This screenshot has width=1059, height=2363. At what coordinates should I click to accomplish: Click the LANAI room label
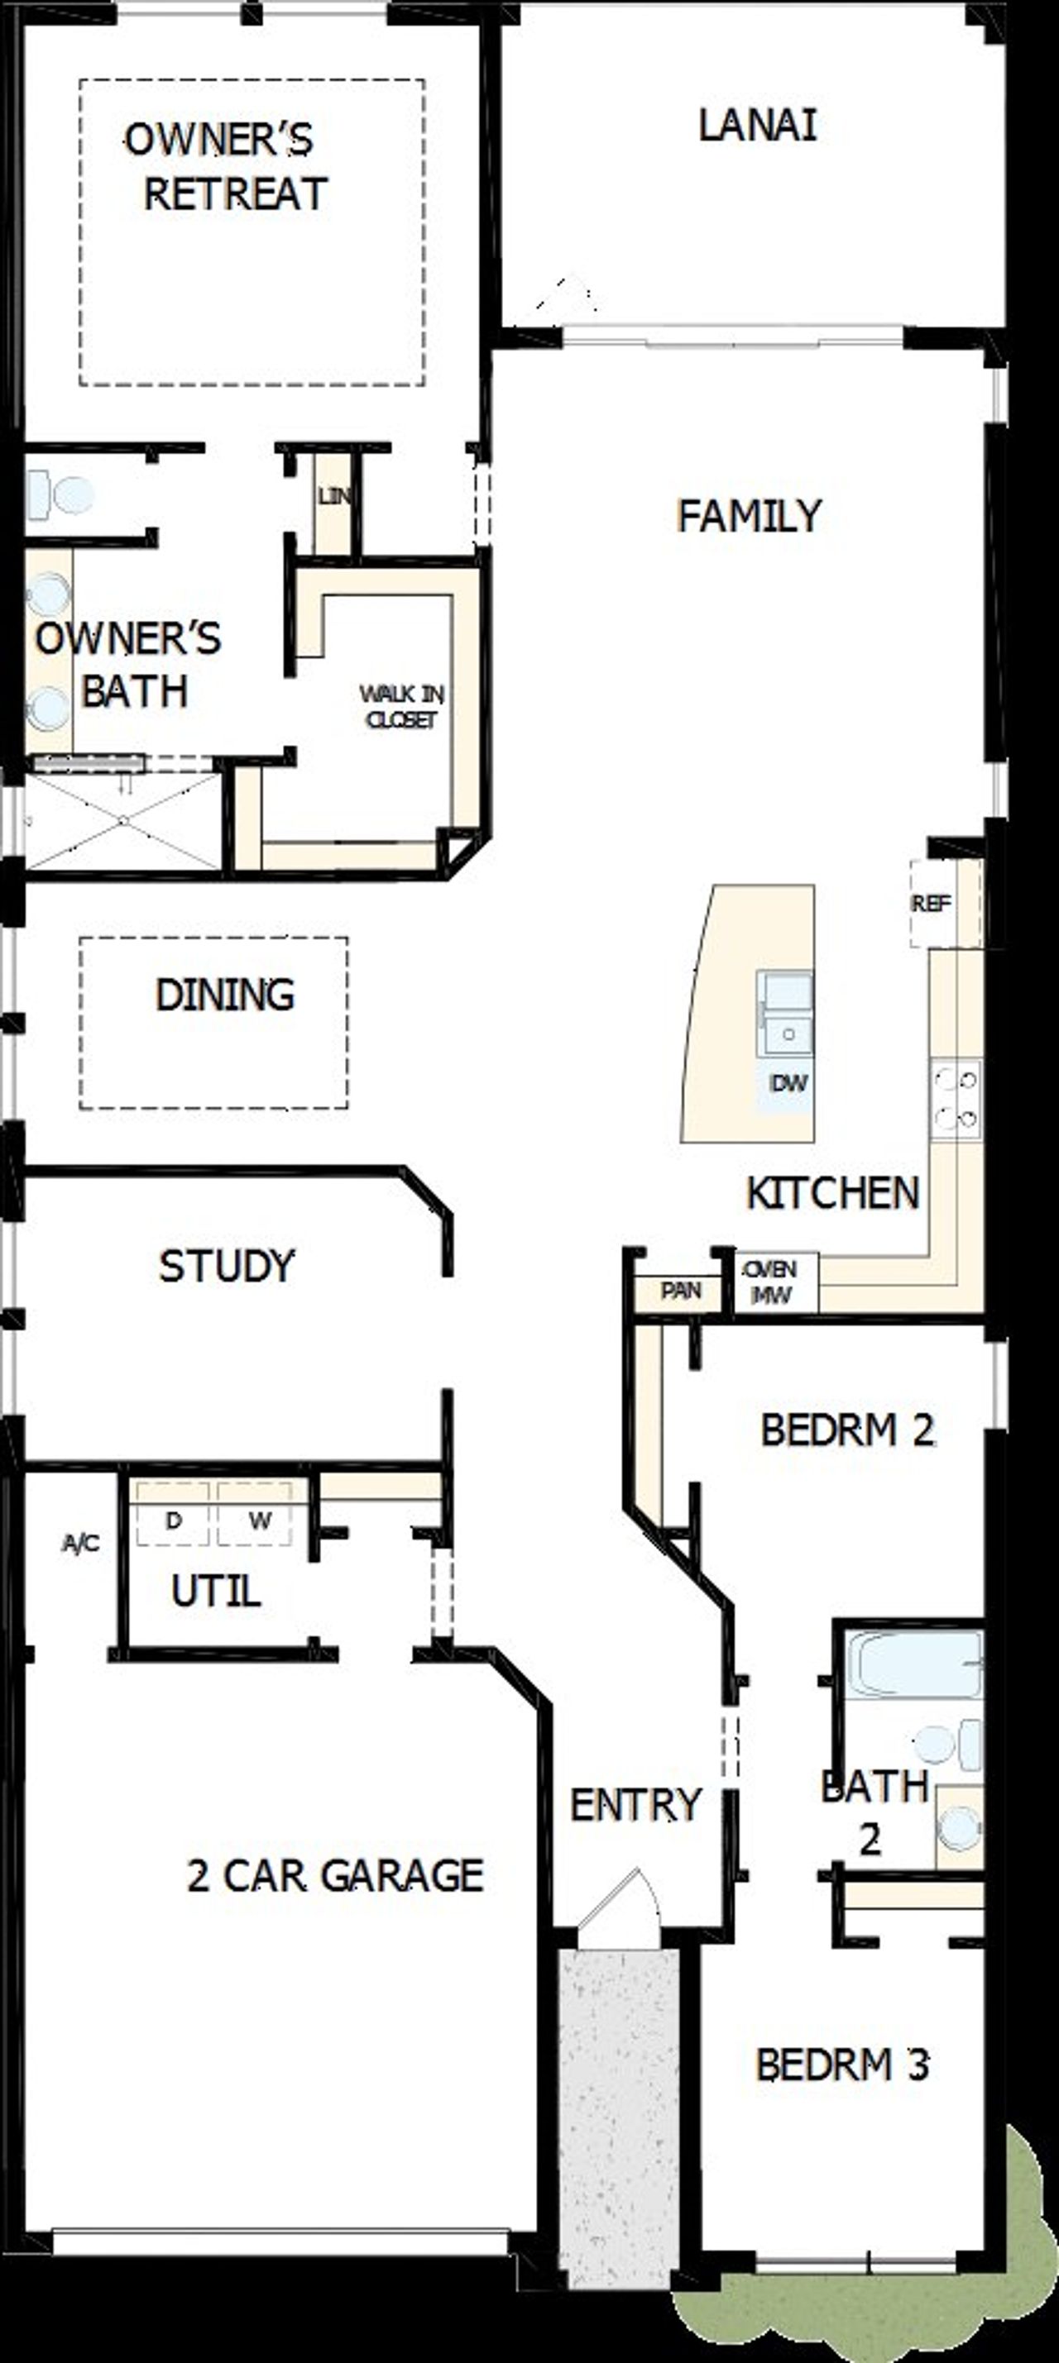[757, 126]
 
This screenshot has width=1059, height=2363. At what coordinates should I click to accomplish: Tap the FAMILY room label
[749, 516]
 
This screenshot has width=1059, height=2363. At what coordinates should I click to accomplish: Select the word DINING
[225, 995]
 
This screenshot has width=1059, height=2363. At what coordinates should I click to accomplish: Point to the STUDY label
[227, 1266]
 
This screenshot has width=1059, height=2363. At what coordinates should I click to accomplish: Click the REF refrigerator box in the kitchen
[931, 904]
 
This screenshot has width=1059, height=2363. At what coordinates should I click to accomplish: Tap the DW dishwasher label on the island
[788, 1083]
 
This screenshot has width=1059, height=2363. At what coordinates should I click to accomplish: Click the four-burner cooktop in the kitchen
[956, 1099]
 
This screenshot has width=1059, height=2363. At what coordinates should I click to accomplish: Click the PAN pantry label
[680, 1291]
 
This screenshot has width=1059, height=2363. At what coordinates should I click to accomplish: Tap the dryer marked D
[173, 1521]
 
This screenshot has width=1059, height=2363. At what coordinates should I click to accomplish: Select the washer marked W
[259, 1521]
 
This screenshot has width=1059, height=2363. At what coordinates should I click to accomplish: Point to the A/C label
[81, 1544]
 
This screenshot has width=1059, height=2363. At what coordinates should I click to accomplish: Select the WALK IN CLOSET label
[401, 706]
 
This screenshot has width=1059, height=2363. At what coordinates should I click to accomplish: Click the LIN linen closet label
[333, 496]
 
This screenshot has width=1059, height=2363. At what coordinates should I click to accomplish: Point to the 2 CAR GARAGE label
[335, 1875]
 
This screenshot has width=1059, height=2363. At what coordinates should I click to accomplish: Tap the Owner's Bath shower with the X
[122, 820]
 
